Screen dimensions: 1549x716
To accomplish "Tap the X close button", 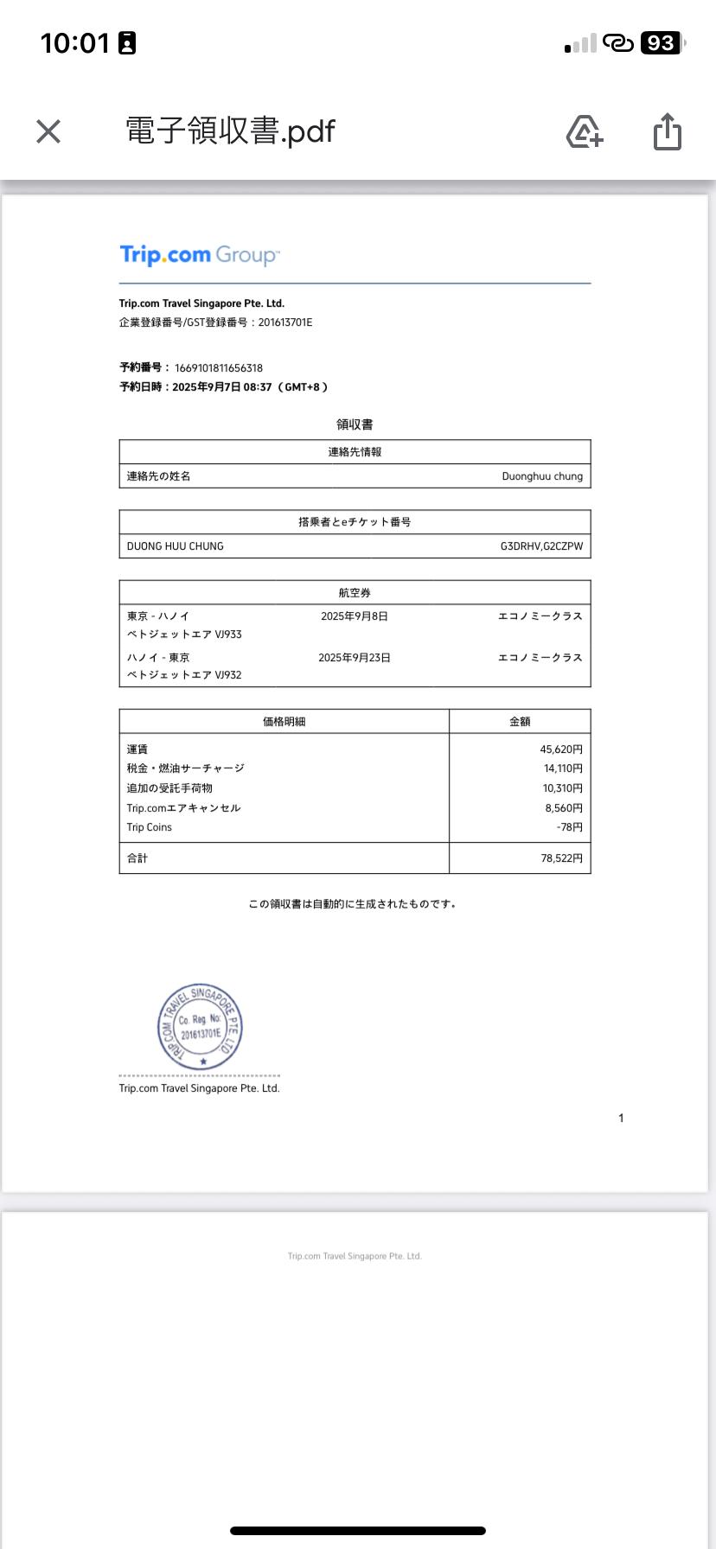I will tap(48, 131).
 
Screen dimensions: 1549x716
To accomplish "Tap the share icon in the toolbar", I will tap(667, 131).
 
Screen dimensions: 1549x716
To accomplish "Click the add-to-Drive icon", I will tap(585, 131).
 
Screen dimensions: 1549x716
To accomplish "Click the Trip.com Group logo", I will tap(200, 255).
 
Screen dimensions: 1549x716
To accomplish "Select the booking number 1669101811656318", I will tap(219, 367).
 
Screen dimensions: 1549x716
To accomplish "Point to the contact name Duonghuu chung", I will tap(542, 476).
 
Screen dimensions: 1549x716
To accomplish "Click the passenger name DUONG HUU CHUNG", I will tap(176, 546).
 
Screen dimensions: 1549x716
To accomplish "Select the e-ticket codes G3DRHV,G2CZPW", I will tap(541, 546).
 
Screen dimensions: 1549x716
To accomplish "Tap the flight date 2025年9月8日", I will tap(355, 616).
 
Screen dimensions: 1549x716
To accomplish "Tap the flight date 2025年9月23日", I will tap(355, 658).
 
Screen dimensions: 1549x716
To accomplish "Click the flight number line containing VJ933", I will tap(184, 634).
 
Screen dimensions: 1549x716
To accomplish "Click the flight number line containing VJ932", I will tap(184, 675).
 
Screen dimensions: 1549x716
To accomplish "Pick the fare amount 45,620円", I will tap(561, 749).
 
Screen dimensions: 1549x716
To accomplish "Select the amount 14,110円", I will tap(563, 768).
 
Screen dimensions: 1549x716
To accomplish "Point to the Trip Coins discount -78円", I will tap(570, 827).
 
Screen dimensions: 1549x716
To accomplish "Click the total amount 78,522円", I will tap(562, 858).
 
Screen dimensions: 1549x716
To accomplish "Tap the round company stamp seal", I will tap(200, 1027).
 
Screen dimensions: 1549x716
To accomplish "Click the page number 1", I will tap(621, 1119).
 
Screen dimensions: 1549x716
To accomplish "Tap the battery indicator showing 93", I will tap(662, 43).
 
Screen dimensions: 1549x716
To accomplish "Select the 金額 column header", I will tap(520, 722).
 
